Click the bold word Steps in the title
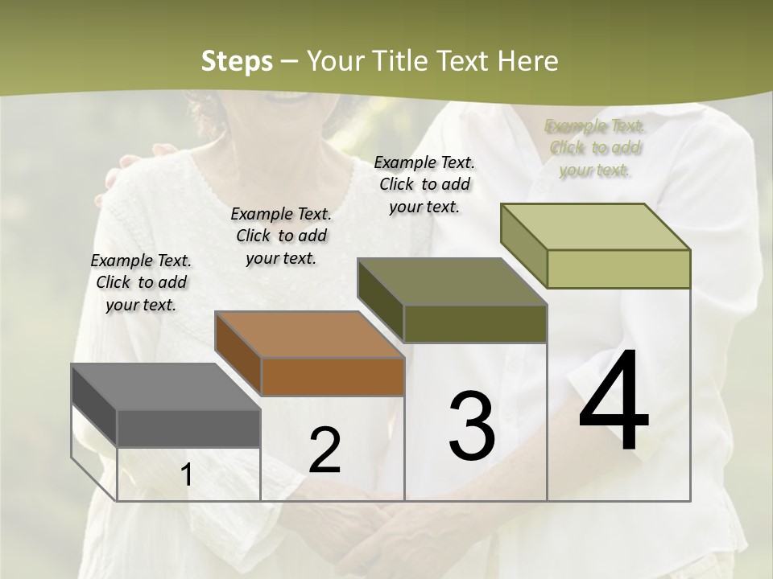click(237, 61)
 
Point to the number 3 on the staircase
click(471, 426)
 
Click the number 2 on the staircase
click(324, 450)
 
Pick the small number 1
click(187, 475)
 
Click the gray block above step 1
click(188, 427)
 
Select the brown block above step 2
click(332, 376)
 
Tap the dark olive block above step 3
click(475, 322)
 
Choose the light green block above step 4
click(618, 268)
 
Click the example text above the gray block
click(141, 282)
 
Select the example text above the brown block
click(281, 236)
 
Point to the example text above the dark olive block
click(424, 184)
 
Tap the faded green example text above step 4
click(595, 148)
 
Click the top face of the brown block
click(310, 334)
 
